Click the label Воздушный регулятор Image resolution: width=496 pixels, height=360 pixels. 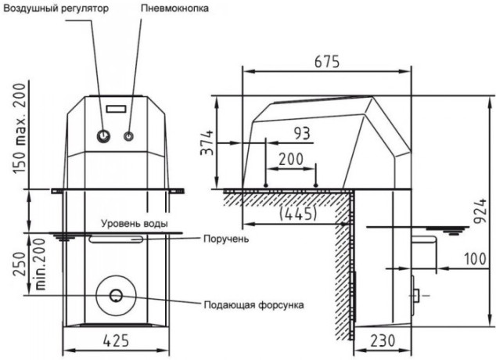pos(56,9)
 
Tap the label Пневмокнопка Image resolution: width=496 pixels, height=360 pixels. pos(174,9)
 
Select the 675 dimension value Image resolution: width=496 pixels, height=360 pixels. pos(327,62)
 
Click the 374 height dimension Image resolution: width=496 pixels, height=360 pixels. pos(207,142)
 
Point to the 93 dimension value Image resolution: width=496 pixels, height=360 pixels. pos(302,134)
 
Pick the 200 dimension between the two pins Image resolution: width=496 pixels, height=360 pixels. pos(291,159)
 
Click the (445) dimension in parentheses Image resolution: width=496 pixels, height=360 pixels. pos(298,214)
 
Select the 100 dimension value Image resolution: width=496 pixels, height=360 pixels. pos(475,259)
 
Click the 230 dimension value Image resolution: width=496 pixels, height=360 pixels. pos(383,340)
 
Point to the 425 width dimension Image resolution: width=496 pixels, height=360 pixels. pos(116,340)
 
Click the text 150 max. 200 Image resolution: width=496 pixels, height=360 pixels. pos(19,128)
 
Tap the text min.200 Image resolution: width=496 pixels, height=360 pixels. pos(41,265)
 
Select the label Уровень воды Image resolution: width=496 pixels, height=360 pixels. pos(135,224)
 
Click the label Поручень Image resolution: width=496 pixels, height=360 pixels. pos(226,239)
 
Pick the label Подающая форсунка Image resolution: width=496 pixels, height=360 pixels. pos(253,305)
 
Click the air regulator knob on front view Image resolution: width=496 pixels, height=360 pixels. pos(103,136)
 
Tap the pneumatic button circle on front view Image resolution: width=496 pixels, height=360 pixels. pos(128,136)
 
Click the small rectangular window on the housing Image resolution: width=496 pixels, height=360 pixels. pos(116,109)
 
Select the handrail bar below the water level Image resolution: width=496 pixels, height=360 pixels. pos(116,239)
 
